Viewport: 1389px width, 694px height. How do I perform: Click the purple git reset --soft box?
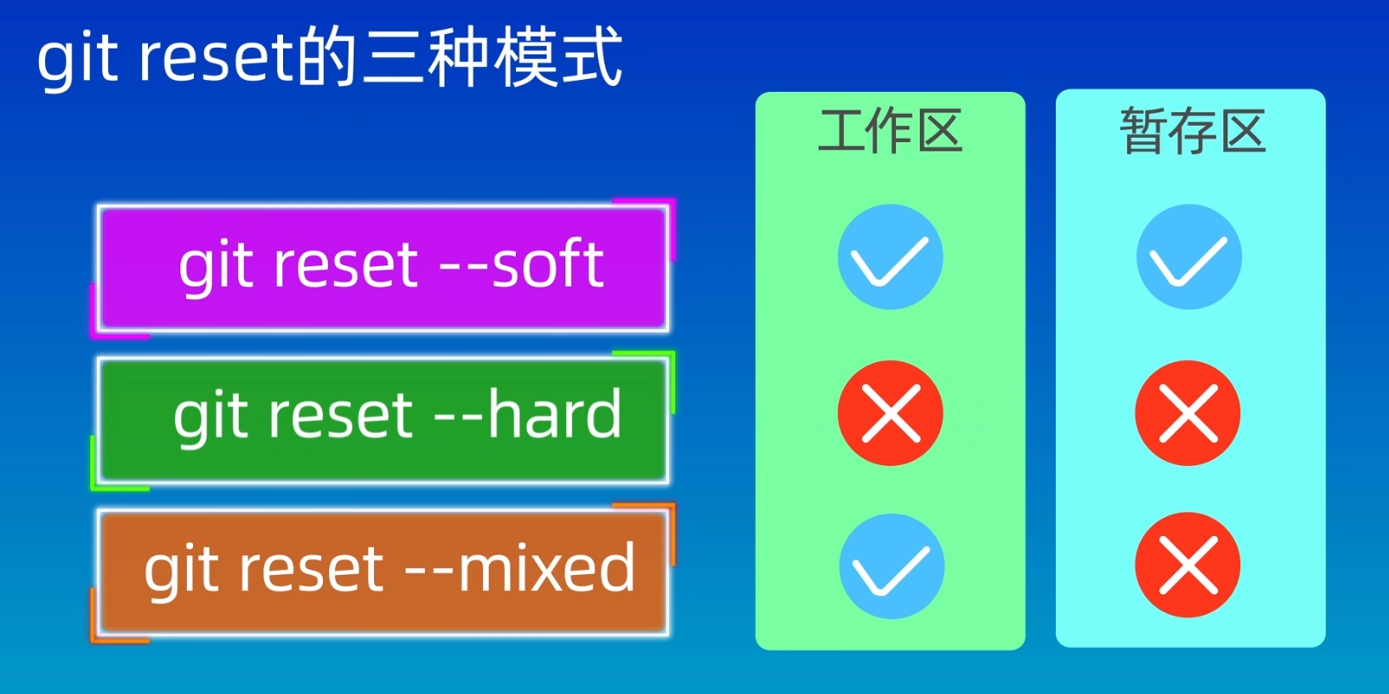tap(383, 268)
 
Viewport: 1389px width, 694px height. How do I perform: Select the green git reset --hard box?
tap(383, 420)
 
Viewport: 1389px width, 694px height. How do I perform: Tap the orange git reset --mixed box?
tap(383, 572)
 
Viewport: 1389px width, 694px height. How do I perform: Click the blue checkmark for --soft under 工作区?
tap(891, 257)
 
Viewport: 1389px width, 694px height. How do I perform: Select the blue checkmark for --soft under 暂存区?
tap(1188, 257)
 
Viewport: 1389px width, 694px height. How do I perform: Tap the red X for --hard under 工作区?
tap(891, 413)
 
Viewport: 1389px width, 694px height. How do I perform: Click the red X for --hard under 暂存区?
tap(1188, 413)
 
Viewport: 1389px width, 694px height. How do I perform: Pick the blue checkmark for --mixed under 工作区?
tap(892, 566)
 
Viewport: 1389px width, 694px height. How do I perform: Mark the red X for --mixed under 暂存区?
tap(1188, 565)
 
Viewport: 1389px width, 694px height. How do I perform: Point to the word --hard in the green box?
tap(528, 413)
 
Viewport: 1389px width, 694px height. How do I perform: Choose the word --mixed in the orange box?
tap(520, 566)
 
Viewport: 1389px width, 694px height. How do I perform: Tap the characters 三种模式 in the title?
tap(492, 57)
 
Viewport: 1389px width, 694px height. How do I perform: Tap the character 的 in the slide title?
tap(326, 57)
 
